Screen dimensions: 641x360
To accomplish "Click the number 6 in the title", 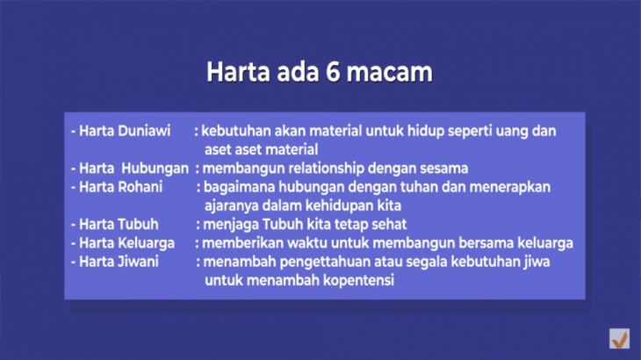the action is coord(333,72).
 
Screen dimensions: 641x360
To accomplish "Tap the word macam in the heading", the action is coord(389,72).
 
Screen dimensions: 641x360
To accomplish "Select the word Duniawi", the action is coord(145,131).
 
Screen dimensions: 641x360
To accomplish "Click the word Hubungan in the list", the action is coord(155,169).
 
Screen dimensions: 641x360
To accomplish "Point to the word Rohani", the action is coord(140,187).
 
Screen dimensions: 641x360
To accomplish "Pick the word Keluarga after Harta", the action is coord(147,243).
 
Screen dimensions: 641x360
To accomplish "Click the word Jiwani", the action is coord(138,262).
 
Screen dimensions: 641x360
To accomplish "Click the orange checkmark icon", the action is coord(620,339).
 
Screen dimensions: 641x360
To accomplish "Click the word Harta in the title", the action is coord(238,72).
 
